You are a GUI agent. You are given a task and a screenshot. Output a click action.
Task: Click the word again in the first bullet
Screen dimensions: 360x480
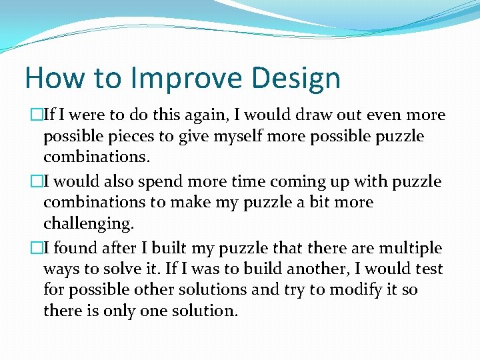click(x=199, y=115)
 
